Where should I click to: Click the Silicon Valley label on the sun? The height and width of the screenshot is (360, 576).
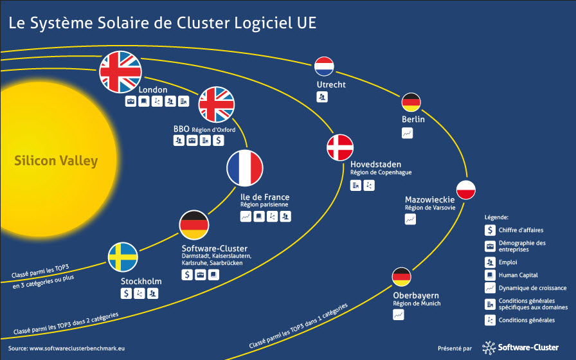(x=56, y=161)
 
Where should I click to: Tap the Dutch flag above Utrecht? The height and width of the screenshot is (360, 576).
(x=324, y=66)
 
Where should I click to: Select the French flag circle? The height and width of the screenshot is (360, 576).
(x=245, y=168)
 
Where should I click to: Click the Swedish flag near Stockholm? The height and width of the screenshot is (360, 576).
(x=123, y=256)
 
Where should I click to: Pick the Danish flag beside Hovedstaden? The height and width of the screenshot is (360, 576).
(x=340, y=147)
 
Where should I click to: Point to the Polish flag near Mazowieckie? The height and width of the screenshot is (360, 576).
(x=466, y=190)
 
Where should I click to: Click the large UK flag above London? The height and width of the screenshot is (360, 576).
(x=120, y=72)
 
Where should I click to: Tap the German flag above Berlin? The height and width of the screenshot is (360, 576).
(x=411, y=102)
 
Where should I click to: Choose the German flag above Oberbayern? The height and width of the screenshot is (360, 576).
(x=402, y=277)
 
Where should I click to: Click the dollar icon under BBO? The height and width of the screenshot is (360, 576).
(x=219, y=140)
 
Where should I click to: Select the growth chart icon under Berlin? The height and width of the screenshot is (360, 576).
(x=408, y=133)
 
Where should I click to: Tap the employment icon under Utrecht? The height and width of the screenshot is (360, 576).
(x=322, y=97)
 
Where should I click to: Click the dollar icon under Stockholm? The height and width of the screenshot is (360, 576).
(x=126, y=293)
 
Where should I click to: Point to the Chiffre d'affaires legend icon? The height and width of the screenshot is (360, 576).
(x=490, y=230)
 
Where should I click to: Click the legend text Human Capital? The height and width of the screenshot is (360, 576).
(x=518, y=275)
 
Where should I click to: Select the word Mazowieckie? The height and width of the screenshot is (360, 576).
(x=430, y=199)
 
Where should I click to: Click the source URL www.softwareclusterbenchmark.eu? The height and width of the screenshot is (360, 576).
(x=76, y=348)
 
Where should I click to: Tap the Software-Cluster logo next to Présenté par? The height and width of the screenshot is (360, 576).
(x=520, y=348)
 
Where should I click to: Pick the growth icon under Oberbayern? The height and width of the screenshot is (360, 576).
(x=399, y=315)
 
